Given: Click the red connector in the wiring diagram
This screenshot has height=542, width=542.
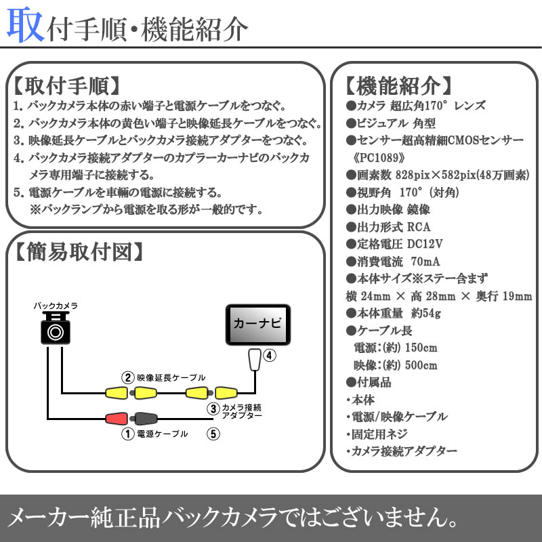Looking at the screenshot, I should [x=117, y=419].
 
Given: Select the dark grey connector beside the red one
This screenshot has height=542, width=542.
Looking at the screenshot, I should [x=145, y=419].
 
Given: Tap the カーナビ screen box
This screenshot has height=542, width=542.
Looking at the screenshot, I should [x=258, y=325].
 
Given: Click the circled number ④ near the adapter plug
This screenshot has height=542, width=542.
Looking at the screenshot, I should [x=268, y=355].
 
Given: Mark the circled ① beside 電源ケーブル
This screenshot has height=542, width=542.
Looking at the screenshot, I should [x=126, y=434].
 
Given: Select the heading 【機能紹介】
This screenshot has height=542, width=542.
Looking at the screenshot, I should [x=398, y=87].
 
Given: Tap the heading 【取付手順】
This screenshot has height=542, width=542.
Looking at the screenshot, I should [x=66, y=86].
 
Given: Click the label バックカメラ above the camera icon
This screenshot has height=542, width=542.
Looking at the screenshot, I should [x=56, y=306].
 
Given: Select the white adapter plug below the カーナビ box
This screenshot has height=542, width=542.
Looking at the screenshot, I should [x=255, y=359].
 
